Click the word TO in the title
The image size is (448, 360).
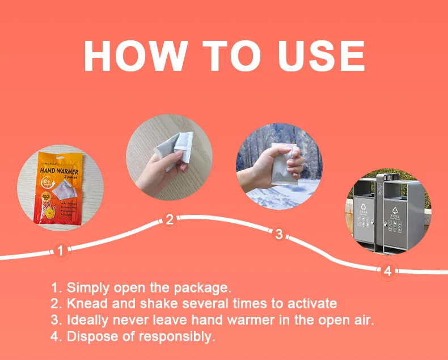(233, 56)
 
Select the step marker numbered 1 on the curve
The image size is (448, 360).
(61, 250)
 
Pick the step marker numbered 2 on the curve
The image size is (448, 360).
(169, 221)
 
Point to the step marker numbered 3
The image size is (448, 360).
(278, 234)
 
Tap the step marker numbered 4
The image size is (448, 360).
(387, 271)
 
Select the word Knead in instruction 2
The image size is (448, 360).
(84, 304)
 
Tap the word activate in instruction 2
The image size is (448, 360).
(314, 304)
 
